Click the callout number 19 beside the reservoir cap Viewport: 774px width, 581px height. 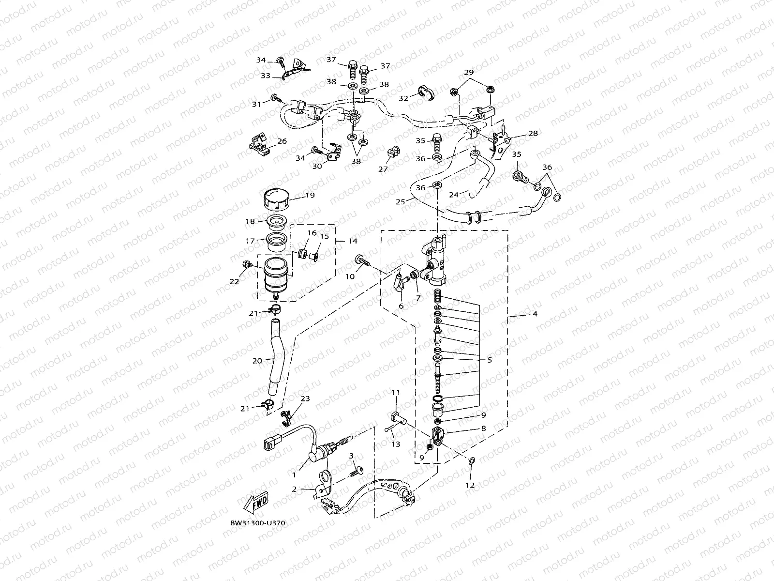click(x=310, y=195)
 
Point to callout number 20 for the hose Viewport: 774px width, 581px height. click(x=257, y=360)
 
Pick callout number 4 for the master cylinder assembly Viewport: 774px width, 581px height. click(x=535, y=314)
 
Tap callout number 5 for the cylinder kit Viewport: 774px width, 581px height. click(x=490, y=360)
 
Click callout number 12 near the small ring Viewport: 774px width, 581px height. click(x=470, y=484)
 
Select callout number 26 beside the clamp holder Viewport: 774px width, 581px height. click(x=282, y=141)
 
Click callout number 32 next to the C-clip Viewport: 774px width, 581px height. click(x=403, y=97)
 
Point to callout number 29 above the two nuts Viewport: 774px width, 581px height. click(x=469, y=72)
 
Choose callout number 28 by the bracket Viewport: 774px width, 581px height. click(x=533, y=133)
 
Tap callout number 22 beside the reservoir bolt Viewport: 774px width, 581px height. click(x=234, y=281)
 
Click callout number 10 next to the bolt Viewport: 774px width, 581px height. click(x=350, y=276)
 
